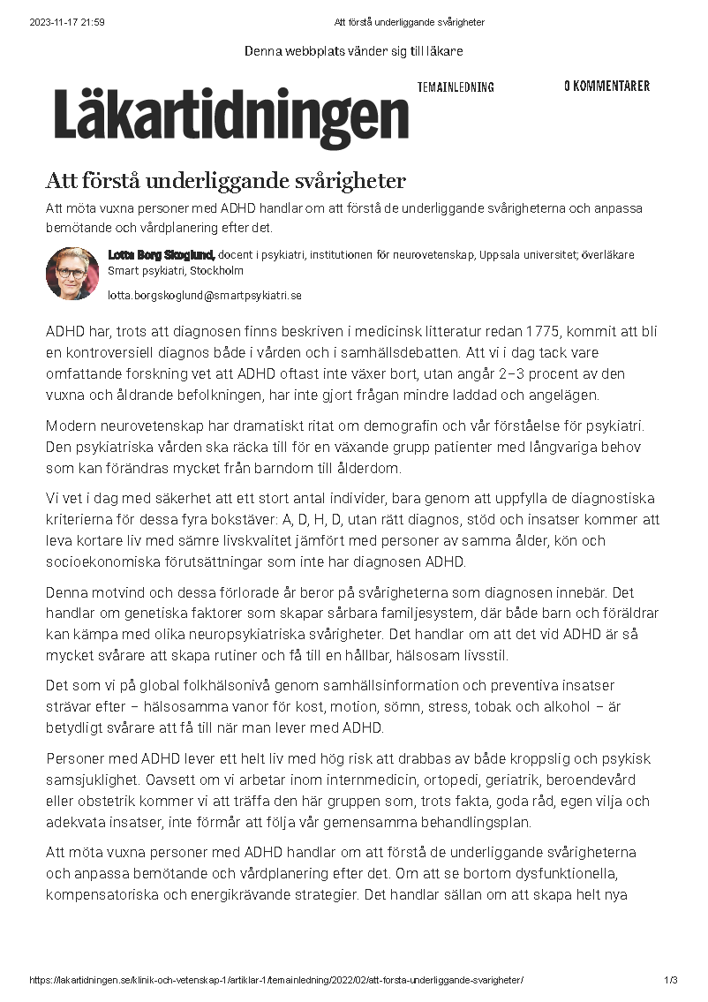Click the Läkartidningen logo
231,117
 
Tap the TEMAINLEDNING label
456,87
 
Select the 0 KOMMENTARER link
606,86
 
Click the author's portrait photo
72,273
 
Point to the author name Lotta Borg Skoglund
162,255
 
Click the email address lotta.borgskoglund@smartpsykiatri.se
205,296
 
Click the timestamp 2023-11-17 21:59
67,22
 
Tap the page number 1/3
671,980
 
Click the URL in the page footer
276,980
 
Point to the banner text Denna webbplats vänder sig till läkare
353,51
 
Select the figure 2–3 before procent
538,374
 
